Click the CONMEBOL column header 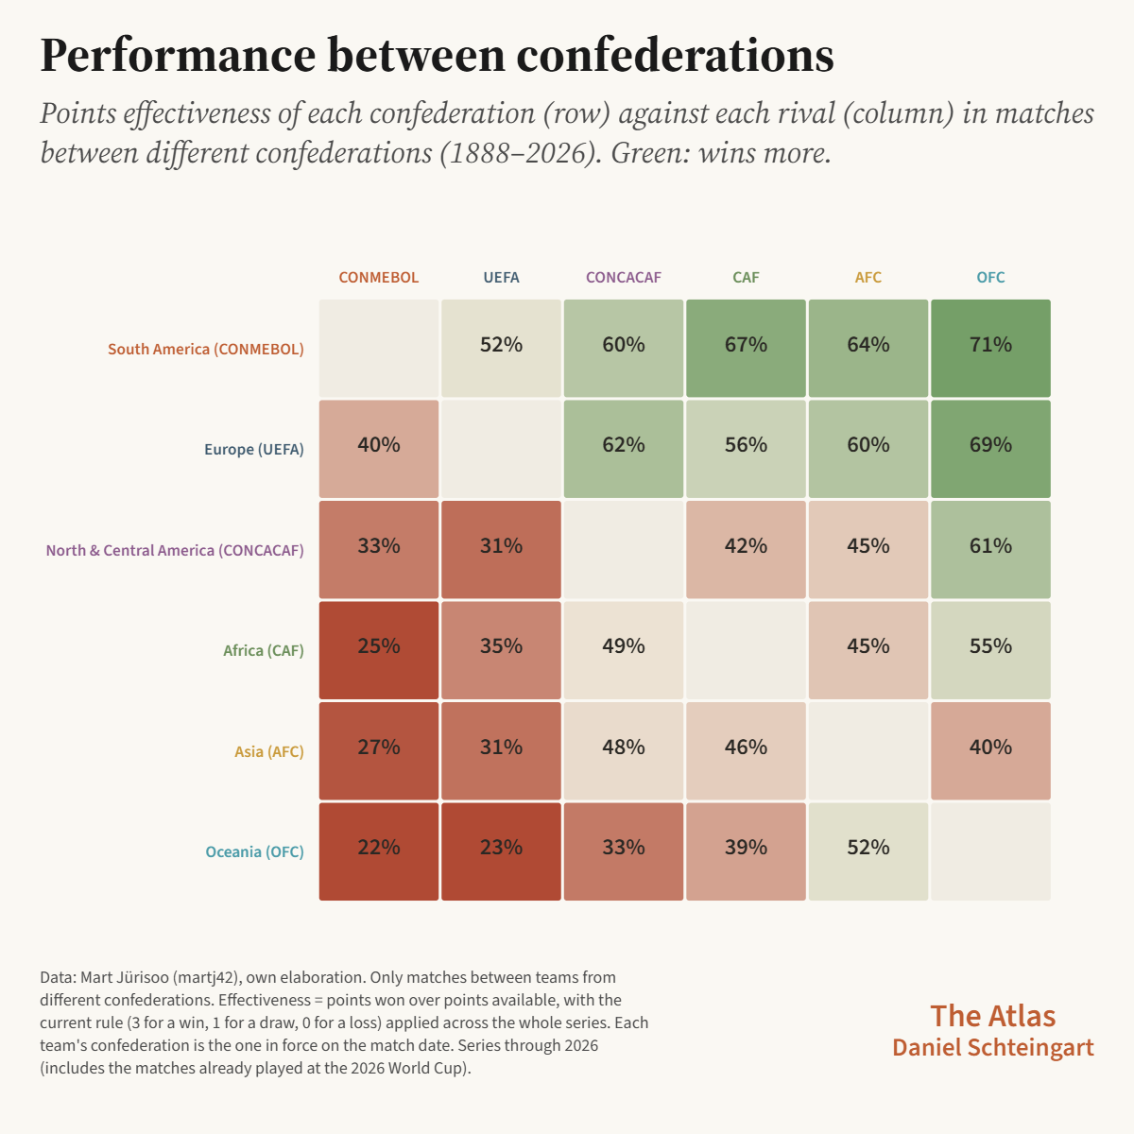(x=378, y=277)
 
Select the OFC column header (x=990, y=277)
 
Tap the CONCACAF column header (x=623, y=277)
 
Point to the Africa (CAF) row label (x=263, y=650)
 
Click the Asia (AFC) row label (x=269, y=751)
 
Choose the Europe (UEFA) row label (x=253, y=449)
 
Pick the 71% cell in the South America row (x=990, y=349)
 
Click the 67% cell (x=746, y=349)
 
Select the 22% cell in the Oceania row (x=378, y=851)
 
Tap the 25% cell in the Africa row (x=378, y=650)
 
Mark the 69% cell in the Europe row (x=990, y=449)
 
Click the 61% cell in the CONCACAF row (x=990, y=550)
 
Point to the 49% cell (x=623, y=650)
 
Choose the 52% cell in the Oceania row (x=868, y=851)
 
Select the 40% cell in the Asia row (x=990, y=751)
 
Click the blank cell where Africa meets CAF (x=746, y=650)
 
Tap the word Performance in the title (x=178, y=56)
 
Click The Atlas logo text (x=993, y=1016)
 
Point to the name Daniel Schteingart (x=993, y=1047)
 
